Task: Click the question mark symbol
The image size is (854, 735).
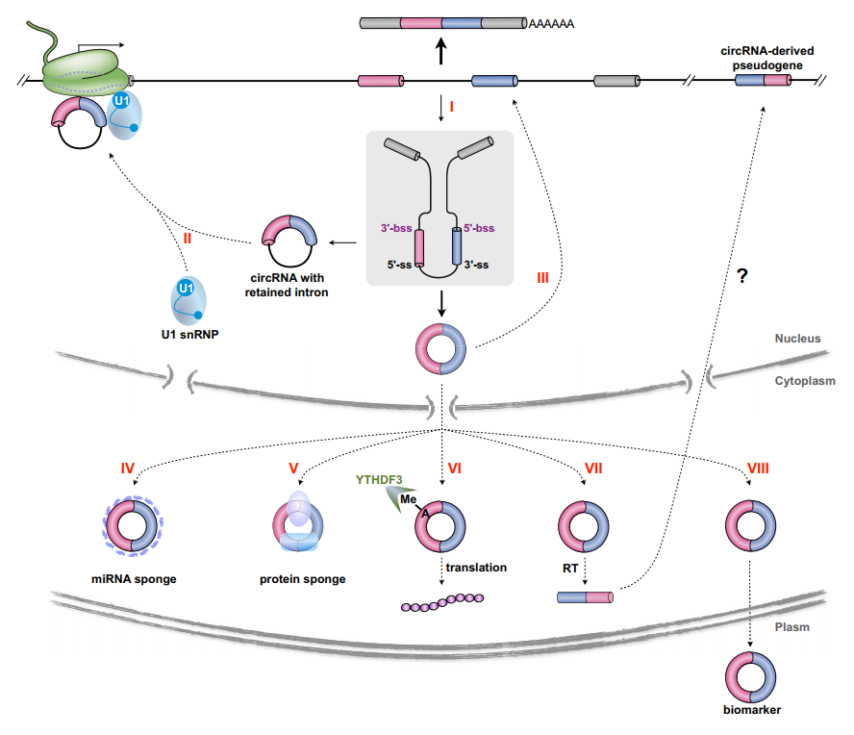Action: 741,275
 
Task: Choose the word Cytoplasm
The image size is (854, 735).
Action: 805,381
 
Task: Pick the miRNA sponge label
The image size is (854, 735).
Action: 134,578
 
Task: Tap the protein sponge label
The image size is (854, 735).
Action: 302,578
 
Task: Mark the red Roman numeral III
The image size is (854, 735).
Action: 543,278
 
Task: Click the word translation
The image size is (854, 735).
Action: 476,568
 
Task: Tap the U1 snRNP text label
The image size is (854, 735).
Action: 188,334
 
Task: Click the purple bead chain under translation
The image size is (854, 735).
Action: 442,602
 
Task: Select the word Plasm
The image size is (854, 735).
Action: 792,626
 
